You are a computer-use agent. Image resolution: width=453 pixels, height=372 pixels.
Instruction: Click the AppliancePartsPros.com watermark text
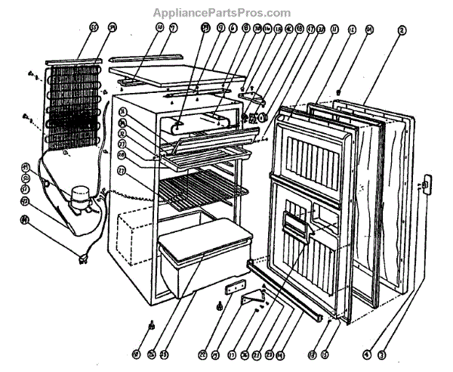tap(221, 13)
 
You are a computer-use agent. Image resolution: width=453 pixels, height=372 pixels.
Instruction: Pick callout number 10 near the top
tap(159, 28)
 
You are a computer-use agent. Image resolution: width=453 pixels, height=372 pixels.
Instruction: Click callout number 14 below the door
tap(280, 353)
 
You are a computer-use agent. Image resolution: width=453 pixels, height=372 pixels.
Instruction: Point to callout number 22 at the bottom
tap(202, 353)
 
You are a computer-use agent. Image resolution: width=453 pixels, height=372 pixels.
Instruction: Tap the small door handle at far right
tap(424, 184)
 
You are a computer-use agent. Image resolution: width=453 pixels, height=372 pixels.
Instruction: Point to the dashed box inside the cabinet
tap(136, 234)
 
